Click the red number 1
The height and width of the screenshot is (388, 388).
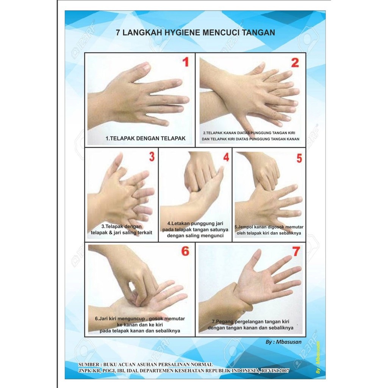pos(186,62)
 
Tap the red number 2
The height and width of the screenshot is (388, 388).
pos(295,63)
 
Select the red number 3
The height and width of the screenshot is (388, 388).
pos(152,156)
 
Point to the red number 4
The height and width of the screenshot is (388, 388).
pos(226,157)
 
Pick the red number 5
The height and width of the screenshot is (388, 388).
pos(299,158)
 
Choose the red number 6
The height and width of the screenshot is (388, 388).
pos(185,251)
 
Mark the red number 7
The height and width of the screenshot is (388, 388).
pos(296,252)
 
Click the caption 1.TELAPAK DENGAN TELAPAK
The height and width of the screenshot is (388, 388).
pos(145,138)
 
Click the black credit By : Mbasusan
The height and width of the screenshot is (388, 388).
pos(283,342)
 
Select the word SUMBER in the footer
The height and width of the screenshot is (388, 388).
pos(89,365)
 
